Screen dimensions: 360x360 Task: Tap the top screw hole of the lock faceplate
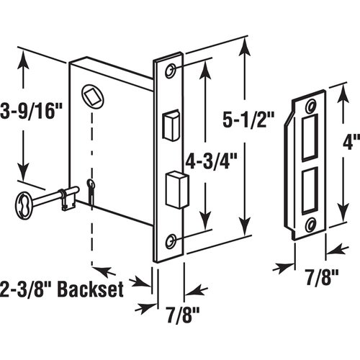[x=171, y=72]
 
